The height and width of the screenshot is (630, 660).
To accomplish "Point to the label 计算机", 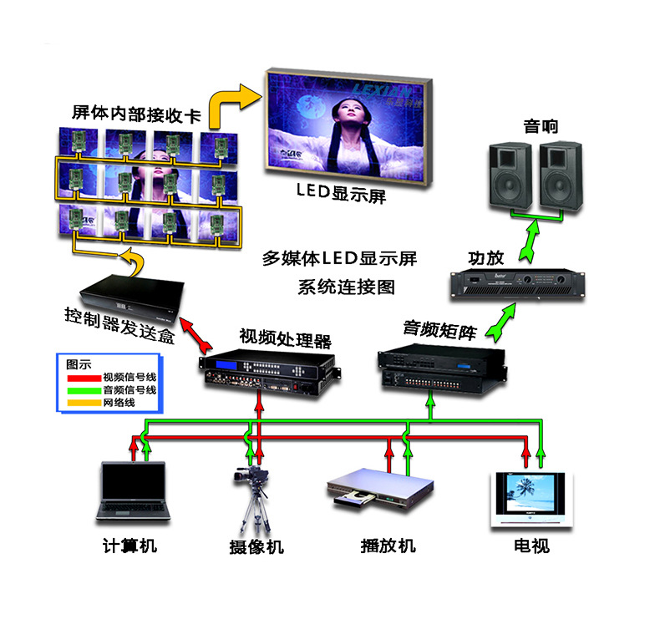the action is [x=129, y=547].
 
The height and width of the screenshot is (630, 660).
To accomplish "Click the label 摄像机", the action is [x=256, y=547].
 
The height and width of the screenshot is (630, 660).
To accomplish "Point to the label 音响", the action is [x=541, y=127].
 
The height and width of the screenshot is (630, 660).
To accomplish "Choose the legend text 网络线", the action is [x=119, y=403].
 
